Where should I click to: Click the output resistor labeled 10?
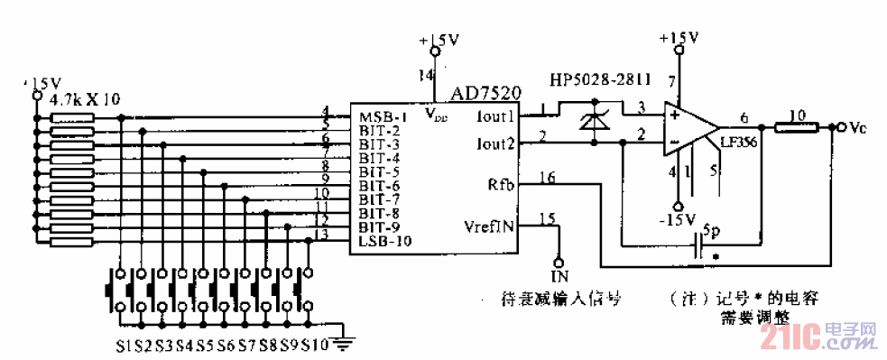tap(797, 127)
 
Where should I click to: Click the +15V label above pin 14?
tap(439, 42)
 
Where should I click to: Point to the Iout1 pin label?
tap(494, 117)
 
